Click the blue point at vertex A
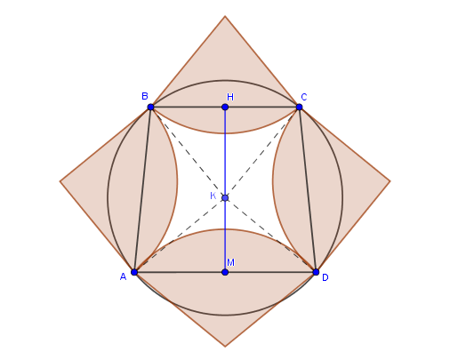(134, 272)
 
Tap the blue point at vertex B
(151, 107)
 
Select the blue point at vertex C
(300, 107)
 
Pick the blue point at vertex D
(316, 272)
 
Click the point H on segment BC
(225, 107)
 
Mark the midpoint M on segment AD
(225, 272)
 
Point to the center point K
(225, 197)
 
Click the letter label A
(123, 276)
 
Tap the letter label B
(145, 96)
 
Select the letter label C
(304, 97)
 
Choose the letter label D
(325, 277)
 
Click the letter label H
(230, 97)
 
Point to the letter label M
(230, 262)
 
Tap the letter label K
(213, 196)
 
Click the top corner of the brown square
(225, 16)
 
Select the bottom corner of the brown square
(225, 347)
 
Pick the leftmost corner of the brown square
(60, 181)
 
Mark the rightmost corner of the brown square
(390, 181)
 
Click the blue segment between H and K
(225, 152)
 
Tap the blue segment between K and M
(225, 235)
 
